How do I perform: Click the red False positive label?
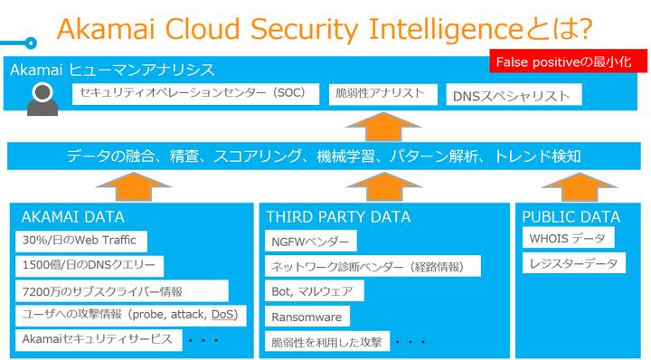[x=568, y=62]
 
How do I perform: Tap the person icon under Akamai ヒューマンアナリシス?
[x=42, y=99]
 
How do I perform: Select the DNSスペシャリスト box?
[x=514, y=95]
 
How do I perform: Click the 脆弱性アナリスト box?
[x=382, y=94]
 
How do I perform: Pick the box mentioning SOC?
[x=195, y=94]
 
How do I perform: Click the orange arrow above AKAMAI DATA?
[x=134, y=187]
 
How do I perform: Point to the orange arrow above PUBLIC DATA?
[x=580, y=187]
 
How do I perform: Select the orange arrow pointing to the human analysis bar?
[x=383, y=127]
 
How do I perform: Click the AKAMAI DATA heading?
[x=72, y=217]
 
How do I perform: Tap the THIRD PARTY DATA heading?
[x=338, y=217]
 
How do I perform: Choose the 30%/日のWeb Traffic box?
[x=81, y=242]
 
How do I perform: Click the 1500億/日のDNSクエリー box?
[x=90, y=266]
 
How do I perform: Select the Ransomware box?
[x=307, y=317]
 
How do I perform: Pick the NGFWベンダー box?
[x=310, y=241]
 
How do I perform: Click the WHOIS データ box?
[x=569, y=238]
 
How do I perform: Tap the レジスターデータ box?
[x=574, y=263]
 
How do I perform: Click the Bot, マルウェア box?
[x=315, y=290]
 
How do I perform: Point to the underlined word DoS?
[x=222, y=315]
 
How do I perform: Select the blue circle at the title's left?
[x=31, y=43]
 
